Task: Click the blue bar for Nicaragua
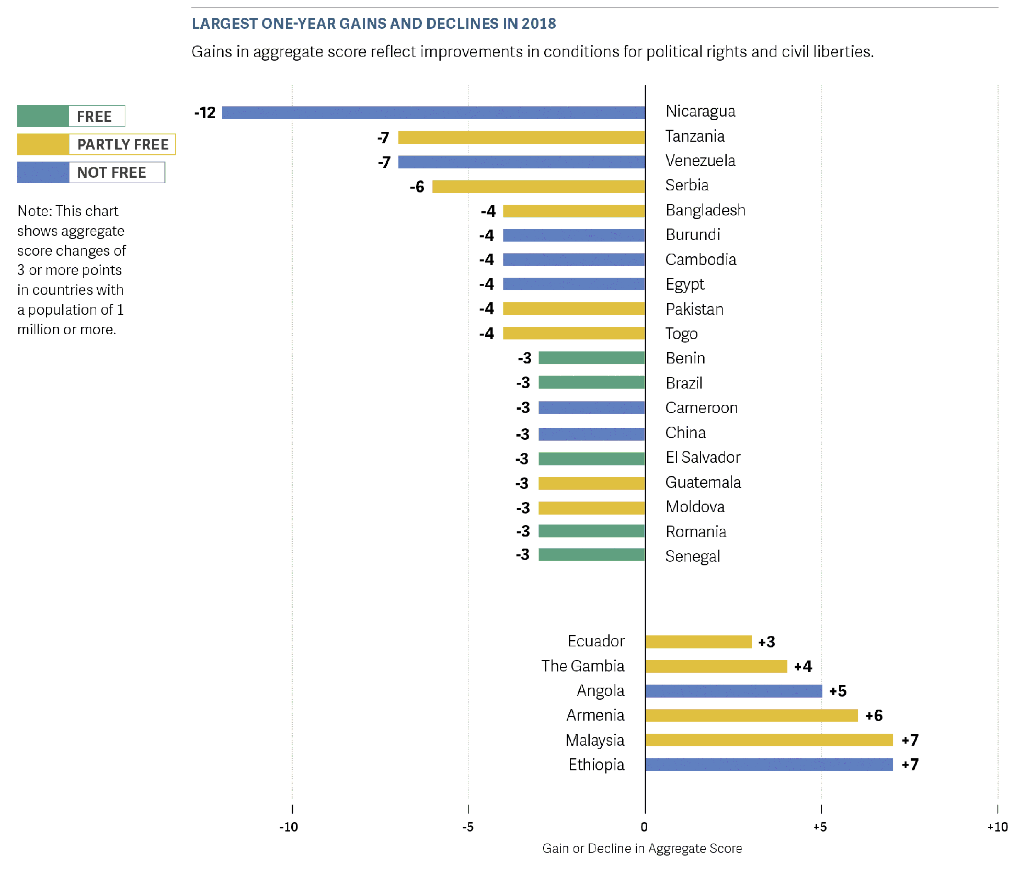[433, 113]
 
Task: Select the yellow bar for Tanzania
[521, 138]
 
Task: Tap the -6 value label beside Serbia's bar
[417, 187]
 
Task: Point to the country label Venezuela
[700, 161]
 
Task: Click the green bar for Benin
[591, 358]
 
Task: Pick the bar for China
[591, 434]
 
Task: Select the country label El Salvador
[703, 458]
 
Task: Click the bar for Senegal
[591, 555]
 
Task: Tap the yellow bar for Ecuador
[698, 642]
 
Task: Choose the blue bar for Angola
[733, 691]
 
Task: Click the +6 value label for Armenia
[874, 715]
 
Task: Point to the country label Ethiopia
[596, 765]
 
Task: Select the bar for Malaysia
[769, 740]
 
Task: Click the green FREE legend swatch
[43, 116]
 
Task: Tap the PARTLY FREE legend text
[123, 144]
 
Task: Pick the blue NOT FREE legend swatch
[43, 173]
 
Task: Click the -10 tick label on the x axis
[289, 827]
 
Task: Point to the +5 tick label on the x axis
[820, 827]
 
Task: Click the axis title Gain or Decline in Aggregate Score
[642, 848]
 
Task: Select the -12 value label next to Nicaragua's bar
[205, 113]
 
